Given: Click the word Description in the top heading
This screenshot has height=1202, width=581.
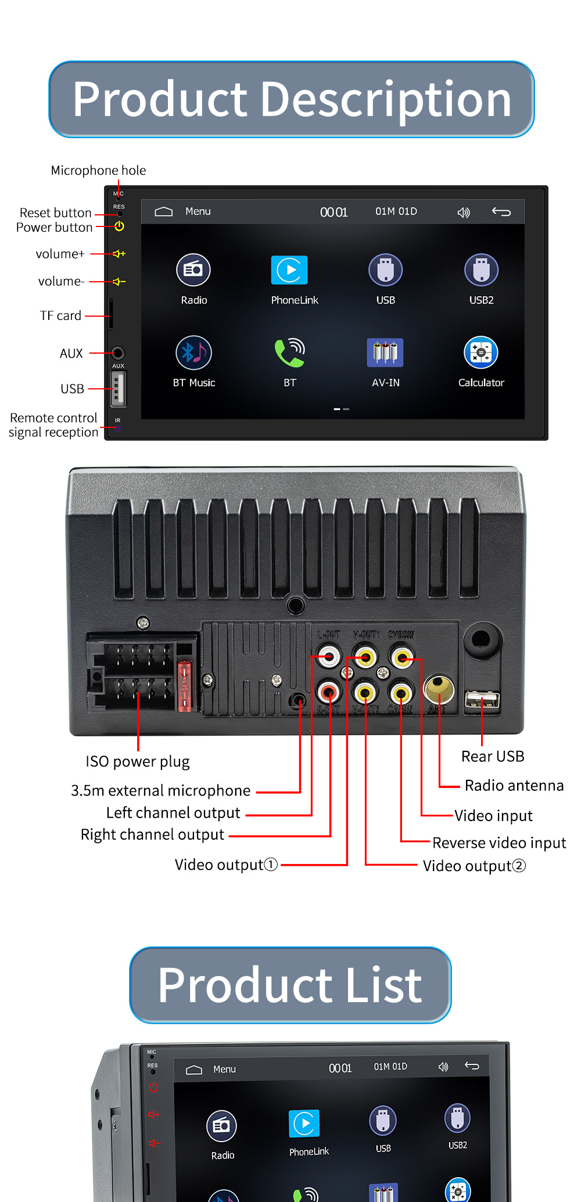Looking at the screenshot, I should (x=386, y=100).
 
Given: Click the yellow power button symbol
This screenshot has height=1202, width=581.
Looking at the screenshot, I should (x=119, y=226).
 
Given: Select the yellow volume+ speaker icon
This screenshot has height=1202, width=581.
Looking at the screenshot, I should (x=119, y=254).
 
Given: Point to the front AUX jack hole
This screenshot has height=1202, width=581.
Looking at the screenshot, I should (x=118, y=353).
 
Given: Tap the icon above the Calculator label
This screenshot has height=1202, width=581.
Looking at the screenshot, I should (x=481, y=352).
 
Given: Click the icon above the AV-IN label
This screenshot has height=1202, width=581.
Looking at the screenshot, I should (x=385, y=352).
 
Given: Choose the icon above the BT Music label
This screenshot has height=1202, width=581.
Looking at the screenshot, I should (x=193, y=352).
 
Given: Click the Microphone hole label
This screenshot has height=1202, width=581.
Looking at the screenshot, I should (x=98, y=170).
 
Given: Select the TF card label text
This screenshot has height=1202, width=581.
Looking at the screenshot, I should (x=60, y=315).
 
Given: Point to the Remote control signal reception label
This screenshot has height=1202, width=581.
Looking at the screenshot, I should (x=53, y=425).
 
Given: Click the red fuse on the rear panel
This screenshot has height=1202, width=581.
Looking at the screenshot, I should (x=184, y=686).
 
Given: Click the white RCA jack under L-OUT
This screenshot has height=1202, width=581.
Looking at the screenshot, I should (x=329, y=657).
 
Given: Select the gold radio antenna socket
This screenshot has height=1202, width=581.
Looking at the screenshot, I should (x=439, y=688).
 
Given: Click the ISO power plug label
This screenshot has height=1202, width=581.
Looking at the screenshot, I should (x=138, y=761).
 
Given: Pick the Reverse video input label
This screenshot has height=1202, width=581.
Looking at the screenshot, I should (x=499, y=843).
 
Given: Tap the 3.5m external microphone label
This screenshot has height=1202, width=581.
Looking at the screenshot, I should (x=160, y=790).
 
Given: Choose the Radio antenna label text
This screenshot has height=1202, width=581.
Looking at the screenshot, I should (x=514, y=786).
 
